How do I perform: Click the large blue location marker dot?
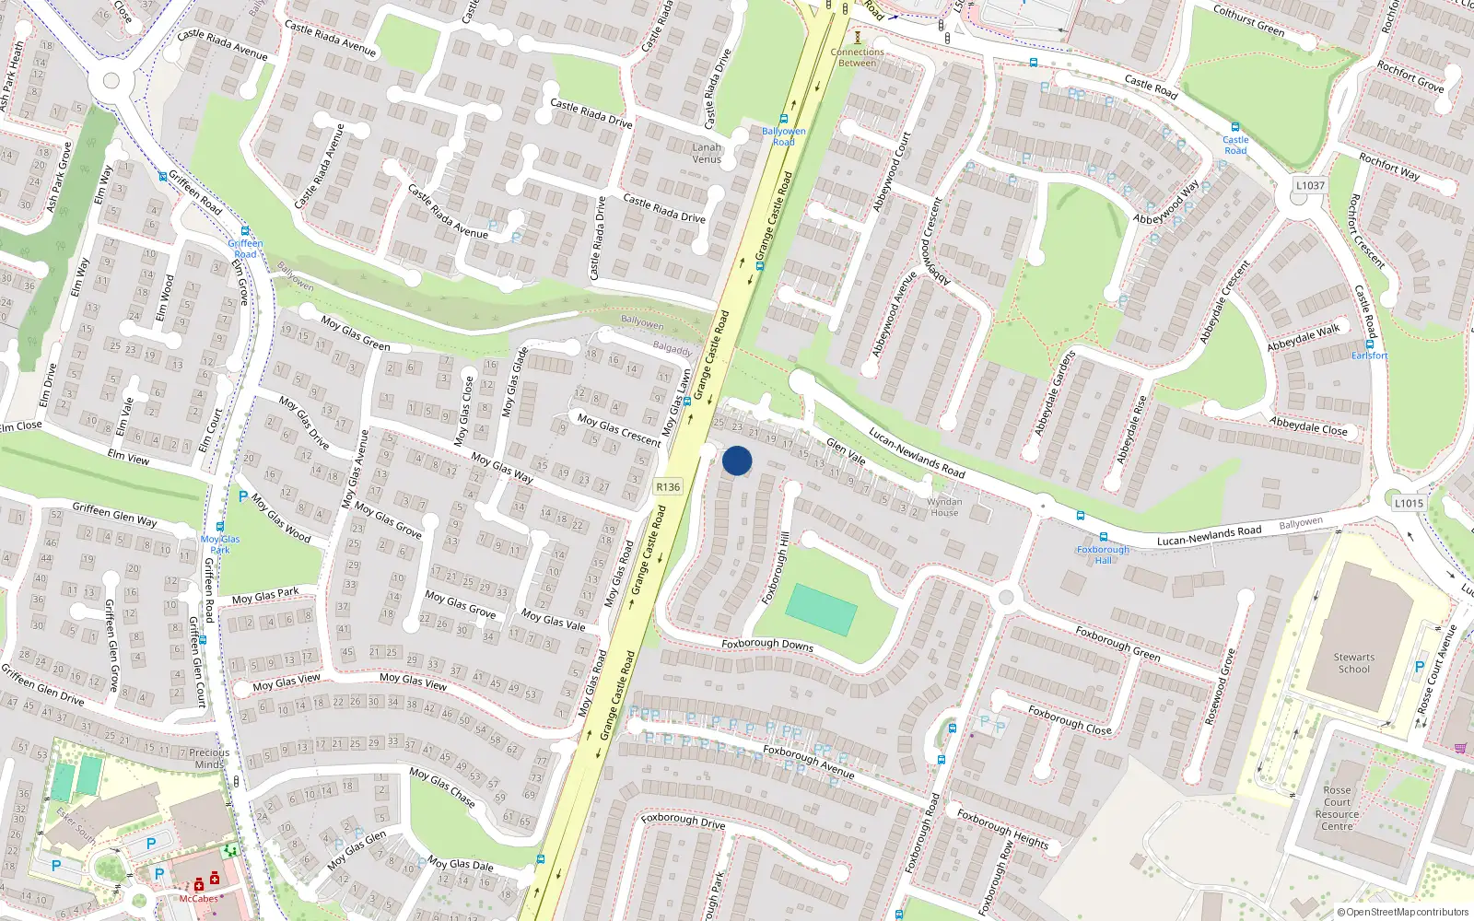[x=737, y=460]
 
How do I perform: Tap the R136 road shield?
[x=668, y=487]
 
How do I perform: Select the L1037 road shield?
[x=1310, y=185]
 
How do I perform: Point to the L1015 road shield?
[x=1409, y=503]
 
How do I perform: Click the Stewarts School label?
[x=1353, y=663]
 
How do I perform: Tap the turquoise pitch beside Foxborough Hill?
[x=821, y=609]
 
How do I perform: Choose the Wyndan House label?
[x=943, y=507]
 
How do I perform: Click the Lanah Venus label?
[x=707, y=153]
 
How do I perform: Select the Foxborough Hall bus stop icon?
[x=1103, y=538]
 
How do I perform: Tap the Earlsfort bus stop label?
[x=1369, y=356]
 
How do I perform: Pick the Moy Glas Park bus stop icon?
[x=220, y=528]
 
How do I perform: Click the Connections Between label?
[x=857, y=57]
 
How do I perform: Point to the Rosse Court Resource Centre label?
[x=1337, y=808]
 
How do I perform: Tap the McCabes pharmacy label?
[x=199, y=899]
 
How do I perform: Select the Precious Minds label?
[x=209, y=758]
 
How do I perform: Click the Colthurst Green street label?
[x=1248, y=20]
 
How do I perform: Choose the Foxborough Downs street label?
[x=767, y=645]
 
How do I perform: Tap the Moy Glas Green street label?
[x=356, y=333]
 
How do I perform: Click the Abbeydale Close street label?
[x=1308, y=426]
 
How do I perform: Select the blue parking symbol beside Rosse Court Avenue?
[x=1419, y=667]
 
